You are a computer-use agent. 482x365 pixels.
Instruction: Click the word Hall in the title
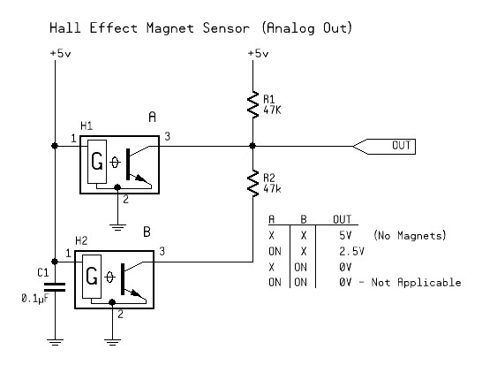point(65,27)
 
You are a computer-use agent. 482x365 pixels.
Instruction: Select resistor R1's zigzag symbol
point(253,104)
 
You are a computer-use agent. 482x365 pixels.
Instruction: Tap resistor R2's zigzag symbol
point(253,183)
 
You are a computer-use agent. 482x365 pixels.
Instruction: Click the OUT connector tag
point(384,147)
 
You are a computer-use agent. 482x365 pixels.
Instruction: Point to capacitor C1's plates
point(55,287)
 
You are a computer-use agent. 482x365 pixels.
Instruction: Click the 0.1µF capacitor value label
point(34,298)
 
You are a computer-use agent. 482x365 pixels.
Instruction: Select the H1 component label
point(87,125)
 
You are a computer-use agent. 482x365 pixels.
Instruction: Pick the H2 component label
point(81,240)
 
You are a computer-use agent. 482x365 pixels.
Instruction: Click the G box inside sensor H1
point(97,162)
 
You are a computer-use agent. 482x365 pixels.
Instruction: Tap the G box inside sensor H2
point(92,277)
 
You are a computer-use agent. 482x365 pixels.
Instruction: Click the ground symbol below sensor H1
point(117,227)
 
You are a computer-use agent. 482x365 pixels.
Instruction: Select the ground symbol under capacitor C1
point(55,342)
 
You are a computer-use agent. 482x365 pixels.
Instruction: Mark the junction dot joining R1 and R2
point(252,146)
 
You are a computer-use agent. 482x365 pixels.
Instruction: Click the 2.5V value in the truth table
point(351,252)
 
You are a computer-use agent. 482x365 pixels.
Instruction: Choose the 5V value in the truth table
point(345,235)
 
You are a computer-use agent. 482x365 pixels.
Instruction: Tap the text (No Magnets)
point(410,236)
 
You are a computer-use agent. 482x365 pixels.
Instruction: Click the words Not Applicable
point(416,283)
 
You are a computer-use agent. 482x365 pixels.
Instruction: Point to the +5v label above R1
point(258,54)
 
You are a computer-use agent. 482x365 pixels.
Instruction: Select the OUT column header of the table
point(342,219)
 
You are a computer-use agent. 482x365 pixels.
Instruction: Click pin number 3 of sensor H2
point(162,252)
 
